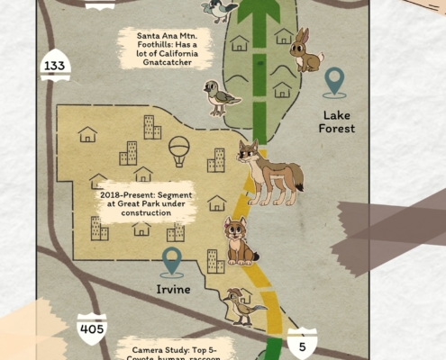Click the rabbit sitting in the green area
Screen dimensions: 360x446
click(306, 51)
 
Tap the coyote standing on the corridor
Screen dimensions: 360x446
click(268, 171)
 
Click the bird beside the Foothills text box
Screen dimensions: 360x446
click(215, 97)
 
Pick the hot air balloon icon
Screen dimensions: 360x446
click(180, 149)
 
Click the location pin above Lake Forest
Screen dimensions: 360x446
click(335, 82)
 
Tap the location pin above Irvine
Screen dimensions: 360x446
click(171, 262)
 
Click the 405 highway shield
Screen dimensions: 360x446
click(91, 329)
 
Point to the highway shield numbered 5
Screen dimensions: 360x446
click(302, 344)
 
